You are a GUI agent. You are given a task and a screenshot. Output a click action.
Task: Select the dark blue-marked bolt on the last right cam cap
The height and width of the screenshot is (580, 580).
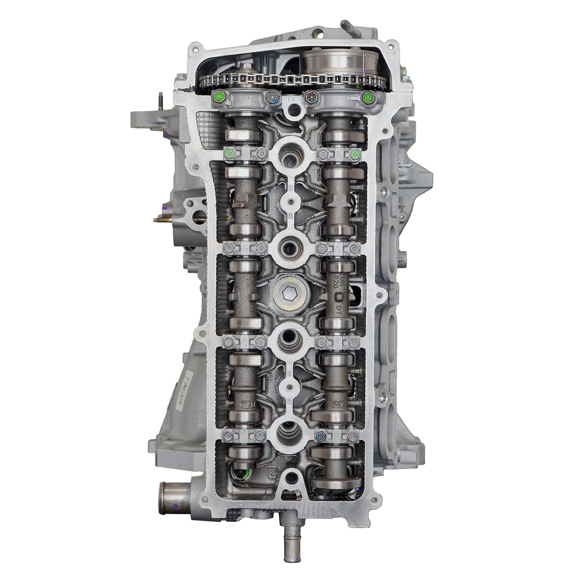click(x=321, y=437)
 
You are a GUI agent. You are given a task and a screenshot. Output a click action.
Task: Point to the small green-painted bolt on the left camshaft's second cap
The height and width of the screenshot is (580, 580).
click(x=230, y=154)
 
